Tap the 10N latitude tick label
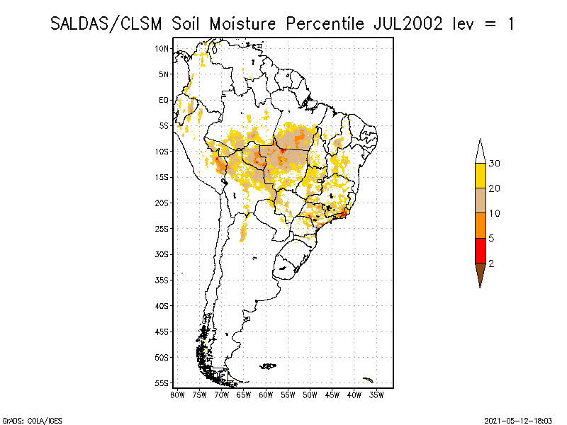pos(162,48)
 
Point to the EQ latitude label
pos(164,100)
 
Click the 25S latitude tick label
pos(162,228)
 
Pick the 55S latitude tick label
pos(162,382)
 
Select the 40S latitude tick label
pos(162,305)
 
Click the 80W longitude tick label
pos(177,395)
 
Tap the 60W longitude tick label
pos(266,395)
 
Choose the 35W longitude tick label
pos(376,395)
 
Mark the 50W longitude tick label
pos(310,395)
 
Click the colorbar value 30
pos(495,164)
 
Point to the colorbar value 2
pos(491,263)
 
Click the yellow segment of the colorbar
pos(480,176)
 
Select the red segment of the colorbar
pos(480,250)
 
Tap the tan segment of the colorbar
pos(480,200)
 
